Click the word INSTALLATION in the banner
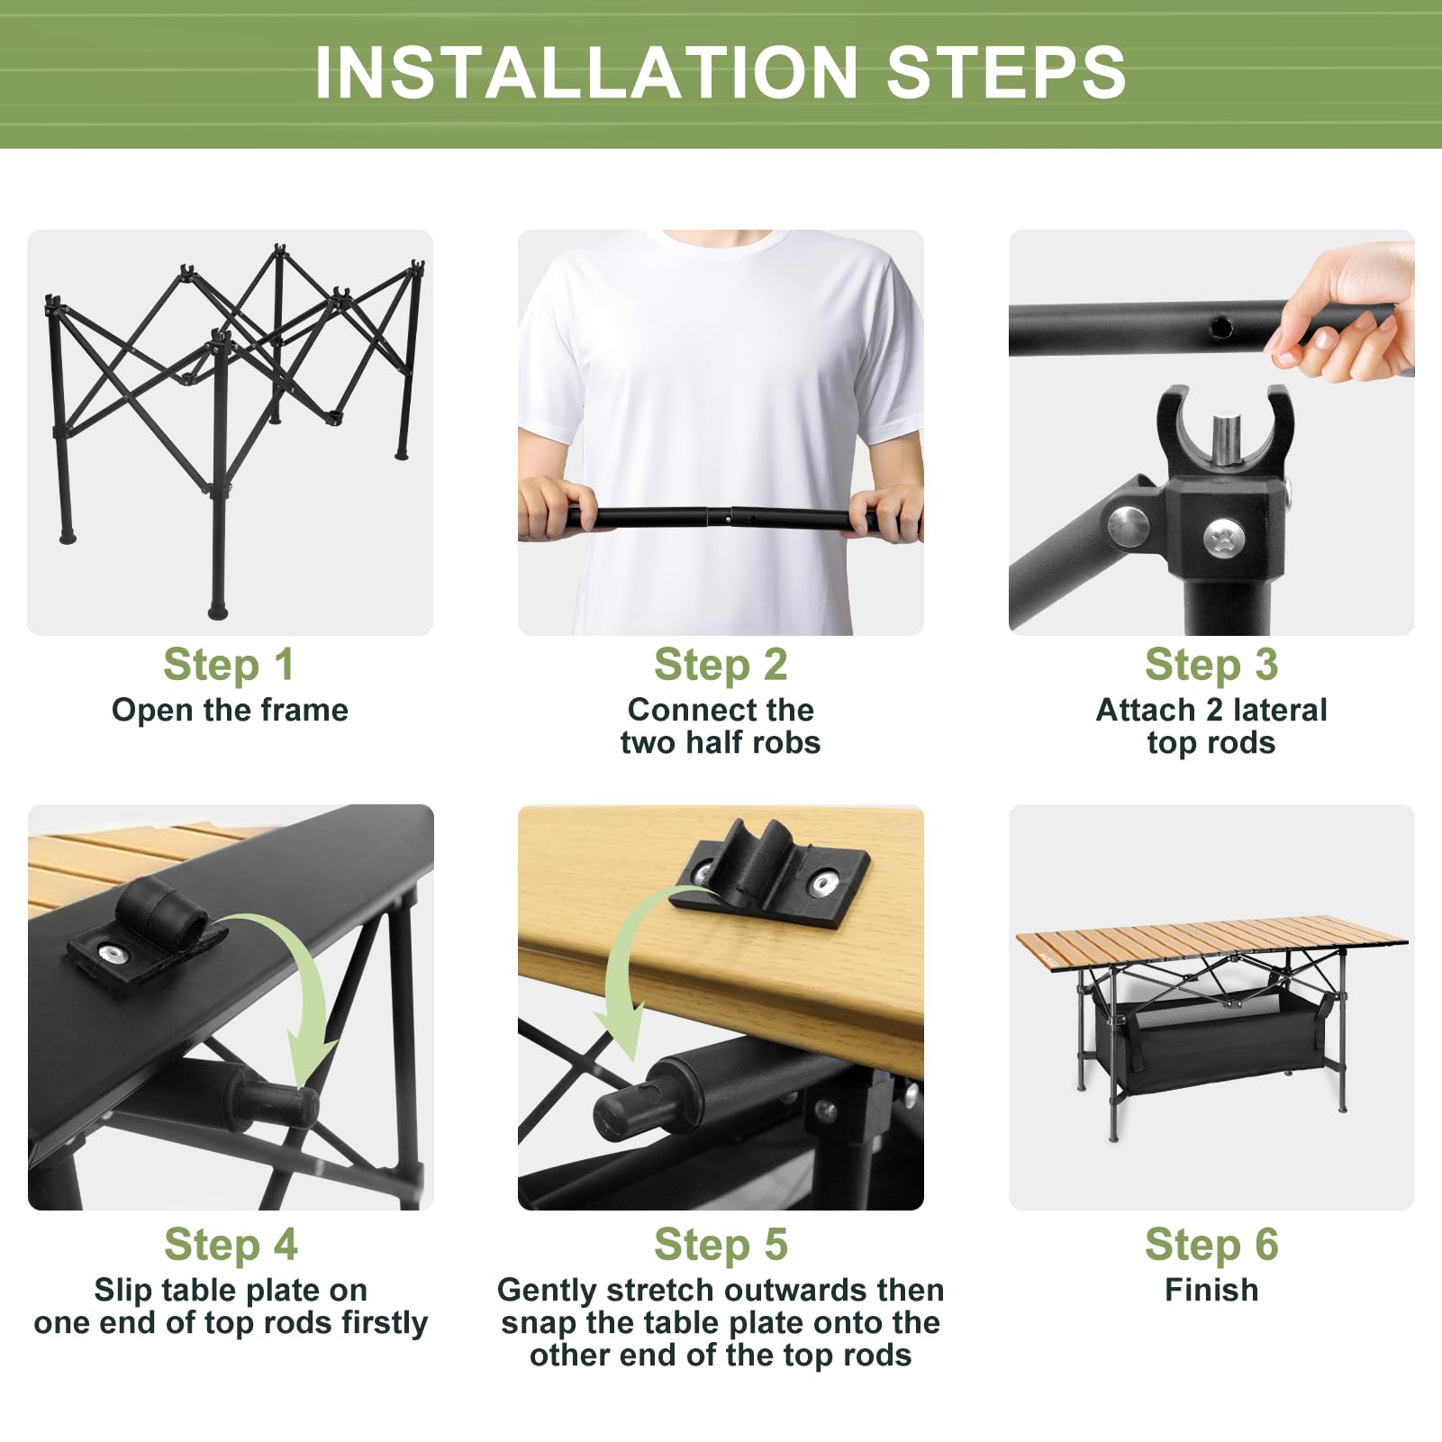[x=586, y=72]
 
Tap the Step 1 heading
[x=229, y=665]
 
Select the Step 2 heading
[x=721, y=665]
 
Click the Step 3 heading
[x=1211, y=665]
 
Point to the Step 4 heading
[x=231, y=1245]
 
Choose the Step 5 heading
[x=721, y=1245]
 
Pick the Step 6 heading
[x=1211, y=1245]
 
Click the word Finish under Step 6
[x=1211, y=1290]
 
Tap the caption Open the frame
[x=230, y=710]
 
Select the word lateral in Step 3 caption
[x=1280, y=710]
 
